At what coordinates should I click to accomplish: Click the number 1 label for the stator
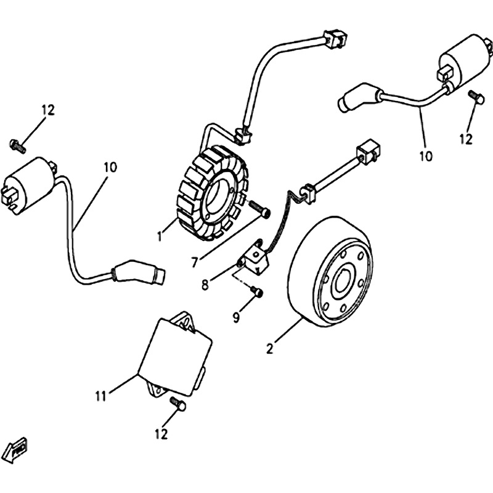159,235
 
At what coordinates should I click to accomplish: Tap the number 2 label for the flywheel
269,348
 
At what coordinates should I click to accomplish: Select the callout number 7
194,263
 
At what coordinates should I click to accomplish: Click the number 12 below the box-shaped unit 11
161,434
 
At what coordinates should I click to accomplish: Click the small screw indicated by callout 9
258,291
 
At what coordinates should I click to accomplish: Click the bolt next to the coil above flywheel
475,97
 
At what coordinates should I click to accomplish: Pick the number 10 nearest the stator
111,166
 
